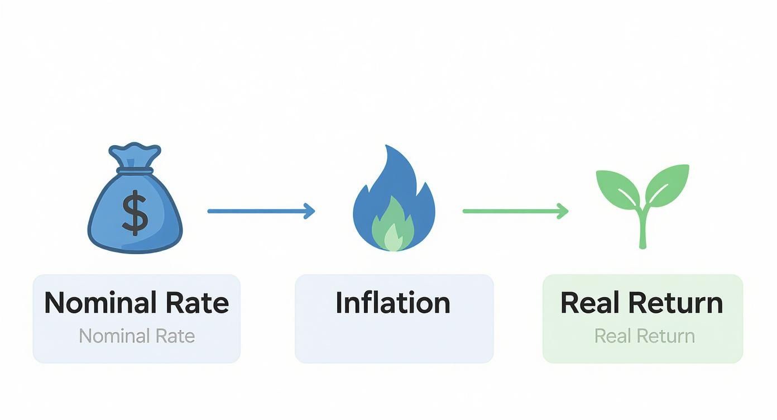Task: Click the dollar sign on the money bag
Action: (135, 212)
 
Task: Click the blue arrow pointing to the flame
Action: (260, 211)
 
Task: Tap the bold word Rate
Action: (198, 303)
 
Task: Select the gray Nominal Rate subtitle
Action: (137, 336)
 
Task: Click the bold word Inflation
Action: (393, 302)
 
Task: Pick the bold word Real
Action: (589, 303)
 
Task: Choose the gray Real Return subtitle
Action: (644, 336)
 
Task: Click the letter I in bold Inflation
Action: (339, 302)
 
